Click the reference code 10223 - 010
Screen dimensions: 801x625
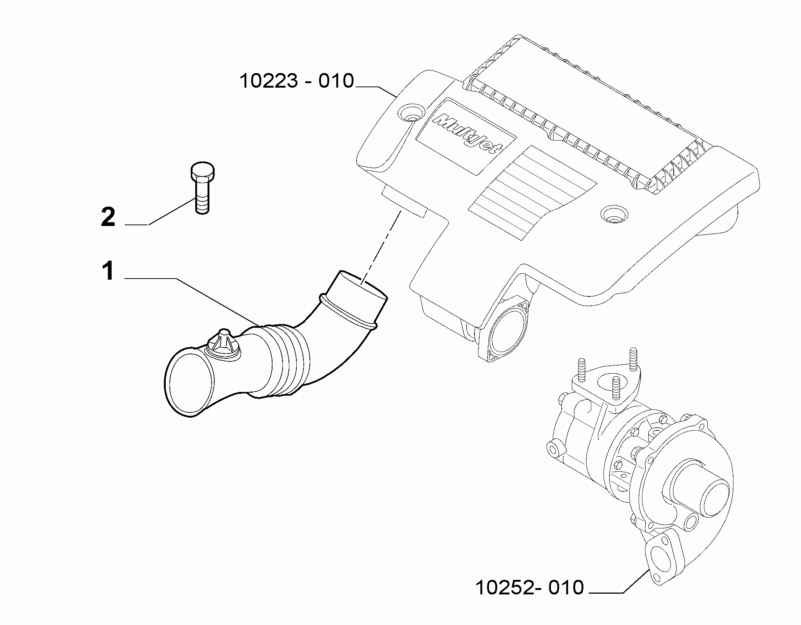point(297,81)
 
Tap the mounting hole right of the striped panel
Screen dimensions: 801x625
point(614,214)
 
